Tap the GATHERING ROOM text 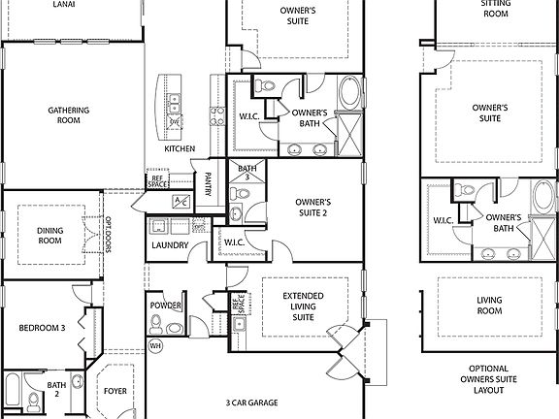point(68,115)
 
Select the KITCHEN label point(180,148)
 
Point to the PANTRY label point(208,184)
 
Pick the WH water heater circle point(154,345)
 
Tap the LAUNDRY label point(170,245)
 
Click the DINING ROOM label point(50,236)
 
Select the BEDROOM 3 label point(42,328)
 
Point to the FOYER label point(115,391)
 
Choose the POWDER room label point(166,306)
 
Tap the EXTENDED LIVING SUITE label point(303,306)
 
